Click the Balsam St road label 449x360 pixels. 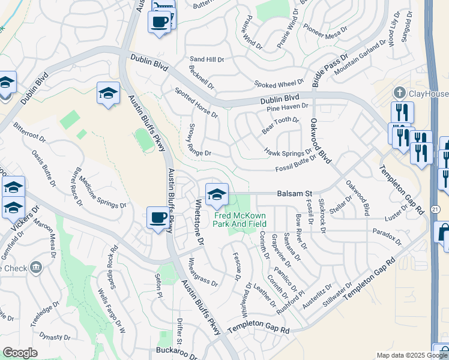click(x=295, y=194)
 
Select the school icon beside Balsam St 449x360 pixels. click(x=217, y=194)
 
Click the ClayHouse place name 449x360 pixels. click(x=429, y=94)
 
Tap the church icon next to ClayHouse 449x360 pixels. click(x=400, y=93)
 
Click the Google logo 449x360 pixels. click(x=20, y=353)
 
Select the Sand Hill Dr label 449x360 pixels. click(x=206, y=60)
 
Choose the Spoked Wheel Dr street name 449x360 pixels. click(x=279, y=84)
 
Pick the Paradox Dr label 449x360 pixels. click(x=387, y=236)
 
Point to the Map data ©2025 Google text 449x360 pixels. click(x=411, y=355)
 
